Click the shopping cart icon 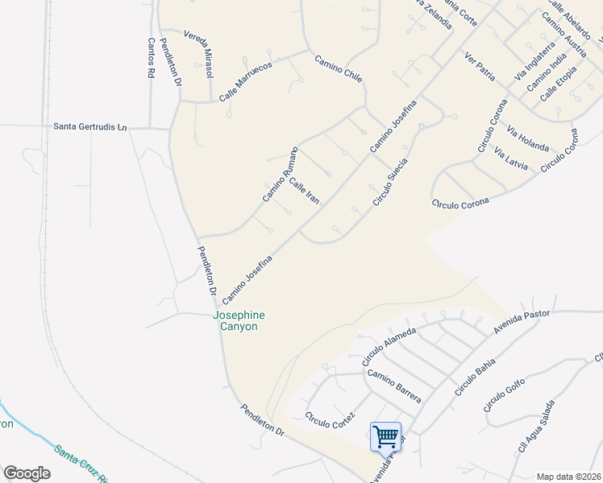(x=386, y=436)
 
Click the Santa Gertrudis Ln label (x=90, y=126)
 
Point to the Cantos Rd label (x=150, y=58)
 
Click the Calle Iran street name (x=305, y=192)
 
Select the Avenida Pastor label (x=521, y=320)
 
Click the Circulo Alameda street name (x=389, y=344)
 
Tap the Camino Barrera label (x=394, y=385)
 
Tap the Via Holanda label (x=528, y=138)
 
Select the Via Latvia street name (x=511, y=159)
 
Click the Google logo (x=27, y=473)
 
